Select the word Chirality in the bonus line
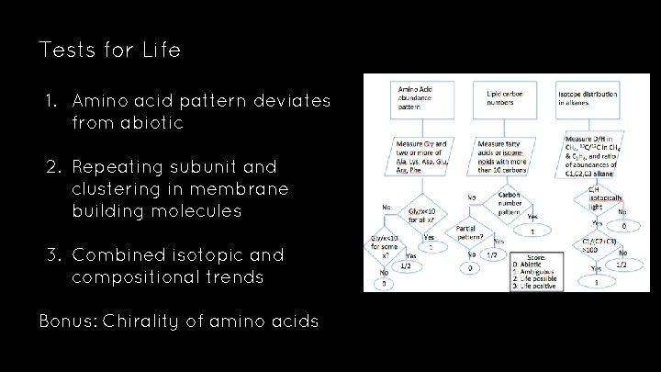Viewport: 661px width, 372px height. coord(142,321)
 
